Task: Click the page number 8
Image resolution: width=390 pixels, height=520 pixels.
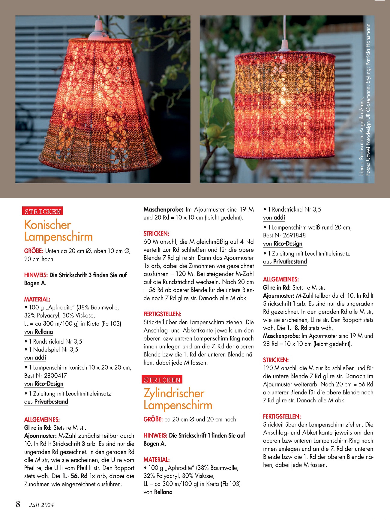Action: tap(18, 504)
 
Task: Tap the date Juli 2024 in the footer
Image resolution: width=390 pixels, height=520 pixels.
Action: tap(41, 505)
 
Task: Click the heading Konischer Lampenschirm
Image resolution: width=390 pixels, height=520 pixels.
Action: tap(58, 230)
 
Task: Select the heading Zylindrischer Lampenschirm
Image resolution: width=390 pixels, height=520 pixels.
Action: tap(178, 399)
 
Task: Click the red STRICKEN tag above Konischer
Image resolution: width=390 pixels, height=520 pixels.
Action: tap(43, 212)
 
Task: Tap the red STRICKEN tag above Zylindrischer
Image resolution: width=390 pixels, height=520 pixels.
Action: tap(162, 380)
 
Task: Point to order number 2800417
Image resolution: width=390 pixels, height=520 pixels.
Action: tap(55, 375)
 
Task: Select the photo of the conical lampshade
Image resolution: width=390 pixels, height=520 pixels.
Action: tap(103, 99)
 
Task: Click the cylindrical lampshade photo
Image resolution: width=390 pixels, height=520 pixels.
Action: tap(287, 99)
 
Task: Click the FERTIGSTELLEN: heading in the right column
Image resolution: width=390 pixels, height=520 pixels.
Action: tap(282, 416)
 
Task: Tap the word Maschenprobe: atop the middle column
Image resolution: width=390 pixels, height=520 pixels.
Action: tap(163, 209)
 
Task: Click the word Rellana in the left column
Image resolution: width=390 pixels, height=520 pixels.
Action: tap(44, 332)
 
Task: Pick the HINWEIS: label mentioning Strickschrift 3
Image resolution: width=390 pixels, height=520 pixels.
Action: tap(36, 275)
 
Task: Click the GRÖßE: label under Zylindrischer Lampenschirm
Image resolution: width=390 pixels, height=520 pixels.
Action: tap(153, 419)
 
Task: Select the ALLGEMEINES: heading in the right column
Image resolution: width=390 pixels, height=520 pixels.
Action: tap(281, 279)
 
